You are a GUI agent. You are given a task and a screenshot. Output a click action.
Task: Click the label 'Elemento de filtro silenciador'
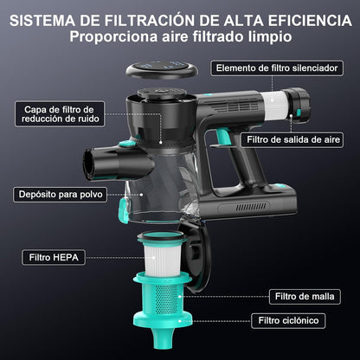point(277,68)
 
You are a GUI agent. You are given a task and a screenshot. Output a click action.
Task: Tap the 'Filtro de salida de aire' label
point(292,140)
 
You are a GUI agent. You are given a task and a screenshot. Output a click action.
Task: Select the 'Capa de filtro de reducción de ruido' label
point(60,114)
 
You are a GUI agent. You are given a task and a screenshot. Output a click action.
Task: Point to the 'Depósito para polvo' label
point(61,195)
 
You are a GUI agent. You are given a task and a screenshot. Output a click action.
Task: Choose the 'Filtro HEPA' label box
point(54,257)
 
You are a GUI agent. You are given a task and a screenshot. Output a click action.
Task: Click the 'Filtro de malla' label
point(305,297)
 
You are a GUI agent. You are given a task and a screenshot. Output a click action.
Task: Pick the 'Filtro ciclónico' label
point(288,321)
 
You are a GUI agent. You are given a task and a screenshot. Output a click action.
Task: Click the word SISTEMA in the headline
point(42,21)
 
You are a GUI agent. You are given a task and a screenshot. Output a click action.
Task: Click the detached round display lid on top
point(162,69)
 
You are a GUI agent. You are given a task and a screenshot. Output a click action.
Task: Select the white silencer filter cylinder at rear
point(276,105)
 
